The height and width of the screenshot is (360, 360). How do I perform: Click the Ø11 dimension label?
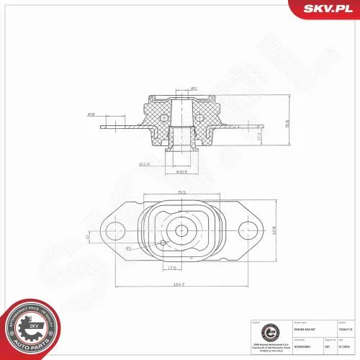click(194, 89)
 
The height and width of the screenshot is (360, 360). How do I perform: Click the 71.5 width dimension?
click(181, 192)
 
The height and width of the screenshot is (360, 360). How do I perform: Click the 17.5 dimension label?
click(173, 268)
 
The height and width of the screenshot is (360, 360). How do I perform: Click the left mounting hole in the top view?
click(114, 231)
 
